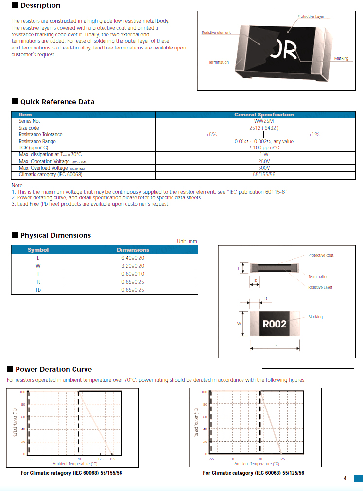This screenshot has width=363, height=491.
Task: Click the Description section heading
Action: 40,5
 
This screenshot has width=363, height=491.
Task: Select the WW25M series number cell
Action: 264,121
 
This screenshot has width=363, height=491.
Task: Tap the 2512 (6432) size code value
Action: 264,128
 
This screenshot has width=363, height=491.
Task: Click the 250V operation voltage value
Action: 264,161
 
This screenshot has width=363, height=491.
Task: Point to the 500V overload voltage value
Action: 264,168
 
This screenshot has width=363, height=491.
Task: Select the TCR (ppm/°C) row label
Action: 34,147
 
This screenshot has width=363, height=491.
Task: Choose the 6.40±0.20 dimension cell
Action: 133,258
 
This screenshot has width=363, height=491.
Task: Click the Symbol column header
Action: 38,250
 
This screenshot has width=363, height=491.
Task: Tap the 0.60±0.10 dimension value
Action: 133,274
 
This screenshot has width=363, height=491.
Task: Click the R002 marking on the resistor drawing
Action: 275,324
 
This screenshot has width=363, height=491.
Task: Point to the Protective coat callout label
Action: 321,255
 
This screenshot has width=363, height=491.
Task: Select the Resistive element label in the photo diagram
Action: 216,33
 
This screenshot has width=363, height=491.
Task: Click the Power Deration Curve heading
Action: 53,369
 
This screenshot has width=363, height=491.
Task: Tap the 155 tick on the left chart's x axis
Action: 112,459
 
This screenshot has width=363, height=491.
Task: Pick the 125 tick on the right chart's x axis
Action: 282,459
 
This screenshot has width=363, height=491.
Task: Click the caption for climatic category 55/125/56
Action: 253,473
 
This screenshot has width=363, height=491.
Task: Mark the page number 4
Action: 345,479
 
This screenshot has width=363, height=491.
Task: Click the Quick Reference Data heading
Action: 57,102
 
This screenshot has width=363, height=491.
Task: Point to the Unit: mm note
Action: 187,241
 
